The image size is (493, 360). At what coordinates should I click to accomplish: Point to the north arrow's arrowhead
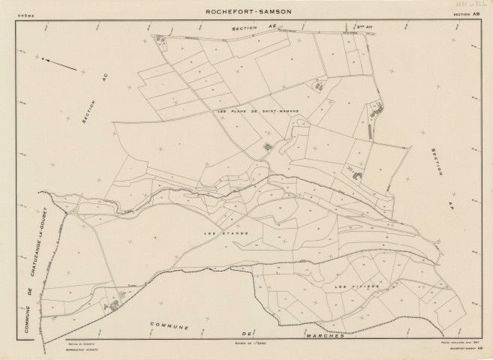[43, 59]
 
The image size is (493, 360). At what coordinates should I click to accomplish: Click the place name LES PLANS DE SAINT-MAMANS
[257, 111]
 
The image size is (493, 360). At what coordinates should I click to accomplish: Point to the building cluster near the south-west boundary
[115, 304]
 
